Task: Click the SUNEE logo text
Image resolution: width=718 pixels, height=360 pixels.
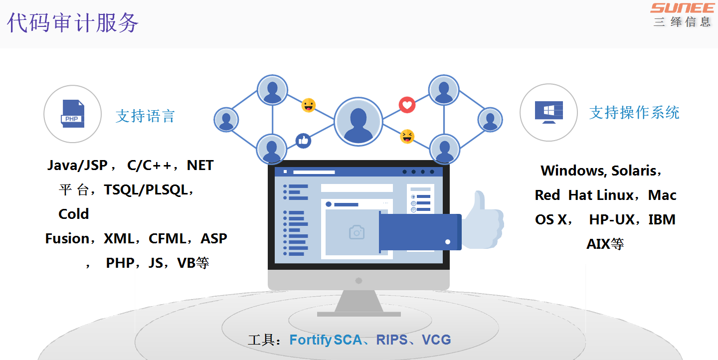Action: click(x=683, y=8)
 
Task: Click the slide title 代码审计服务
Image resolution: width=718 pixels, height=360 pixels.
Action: click(x=73, y=23)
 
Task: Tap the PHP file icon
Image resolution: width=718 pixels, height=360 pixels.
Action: click(x=73, y=114)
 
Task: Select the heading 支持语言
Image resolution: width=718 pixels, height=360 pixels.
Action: click(x=145, y=116)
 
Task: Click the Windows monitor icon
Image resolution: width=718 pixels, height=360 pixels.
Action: click(x=548, y=112)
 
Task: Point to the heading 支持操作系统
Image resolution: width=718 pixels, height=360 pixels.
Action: click(x=634, y=113)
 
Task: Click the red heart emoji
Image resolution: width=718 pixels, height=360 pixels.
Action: click(x=407, y=105)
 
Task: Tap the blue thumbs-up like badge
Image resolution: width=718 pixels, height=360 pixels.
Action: click(x=303, y=141)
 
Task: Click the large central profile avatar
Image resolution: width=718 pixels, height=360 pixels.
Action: click(x=358, y=122)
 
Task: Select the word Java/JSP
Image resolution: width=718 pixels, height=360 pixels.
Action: click(x=78, y=165)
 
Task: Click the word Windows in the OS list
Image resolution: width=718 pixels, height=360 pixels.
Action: click(x=572, y=171)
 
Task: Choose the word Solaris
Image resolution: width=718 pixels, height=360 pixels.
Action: click(x=634, y=171)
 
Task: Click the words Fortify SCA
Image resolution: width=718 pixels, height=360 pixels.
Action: click(x=325, y=340)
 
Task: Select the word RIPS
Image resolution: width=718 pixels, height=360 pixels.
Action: click(x=392, y=340)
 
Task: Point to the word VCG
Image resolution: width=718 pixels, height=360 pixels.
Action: click(x=436, y=340)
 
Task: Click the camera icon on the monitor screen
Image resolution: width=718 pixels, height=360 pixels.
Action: click(x=356, y=232)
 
